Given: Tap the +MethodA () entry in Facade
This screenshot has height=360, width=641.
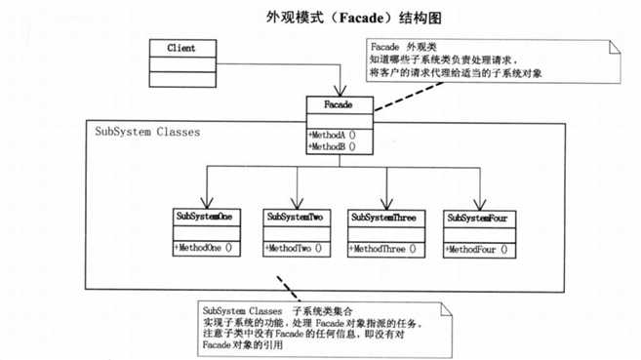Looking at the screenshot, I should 331,134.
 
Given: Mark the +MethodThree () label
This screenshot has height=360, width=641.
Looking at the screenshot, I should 383,249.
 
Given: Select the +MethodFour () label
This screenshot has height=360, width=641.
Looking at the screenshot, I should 478,249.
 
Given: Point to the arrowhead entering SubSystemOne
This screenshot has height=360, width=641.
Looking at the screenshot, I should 207,202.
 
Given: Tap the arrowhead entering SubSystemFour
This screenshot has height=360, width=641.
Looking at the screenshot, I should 479,202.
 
